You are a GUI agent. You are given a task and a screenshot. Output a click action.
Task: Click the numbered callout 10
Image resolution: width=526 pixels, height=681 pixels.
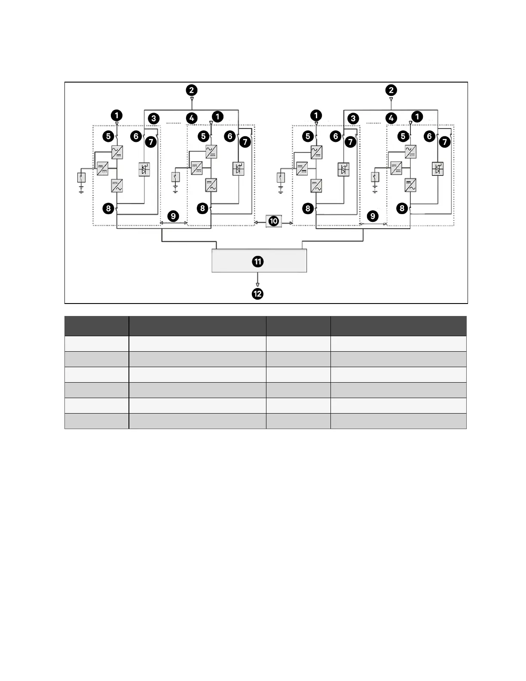tap(274, 221)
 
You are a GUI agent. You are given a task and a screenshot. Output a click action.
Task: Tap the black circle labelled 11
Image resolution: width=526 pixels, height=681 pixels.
tap(258, 261)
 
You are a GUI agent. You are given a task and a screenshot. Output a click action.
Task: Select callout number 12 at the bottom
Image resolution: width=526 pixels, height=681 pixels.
tap(257, 294)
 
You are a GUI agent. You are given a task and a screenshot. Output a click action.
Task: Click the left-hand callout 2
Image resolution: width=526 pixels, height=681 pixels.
tap(192, 90)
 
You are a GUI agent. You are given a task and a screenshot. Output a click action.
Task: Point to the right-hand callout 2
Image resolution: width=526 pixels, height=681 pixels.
tap(391, 90)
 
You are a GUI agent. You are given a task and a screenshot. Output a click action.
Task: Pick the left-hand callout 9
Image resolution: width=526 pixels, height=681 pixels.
tap(173, 216)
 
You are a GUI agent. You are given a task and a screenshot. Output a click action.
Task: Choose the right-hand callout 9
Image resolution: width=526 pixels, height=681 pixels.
tap(373, 216)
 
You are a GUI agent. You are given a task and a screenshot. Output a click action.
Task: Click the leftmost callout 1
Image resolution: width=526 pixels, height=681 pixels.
tap(116, 115)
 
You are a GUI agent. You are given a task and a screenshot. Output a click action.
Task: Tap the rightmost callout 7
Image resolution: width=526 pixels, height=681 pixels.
tap(444, 142)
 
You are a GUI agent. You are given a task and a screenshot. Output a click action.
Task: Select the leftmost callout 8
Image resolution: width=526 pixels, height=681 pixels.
tap(108, 209)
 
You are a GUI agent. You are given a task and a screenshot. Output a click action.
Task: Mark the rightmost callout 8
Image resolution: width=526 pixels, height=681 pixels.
tap(402, 209)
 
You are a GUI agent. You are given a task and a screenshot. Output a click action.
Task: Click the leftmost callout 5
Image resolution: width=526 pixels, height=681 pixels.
tap(108, 136)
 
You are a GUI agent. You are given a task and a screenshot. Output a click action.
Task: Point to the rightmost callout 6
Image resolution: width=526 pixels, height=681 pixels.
tap(429, 136)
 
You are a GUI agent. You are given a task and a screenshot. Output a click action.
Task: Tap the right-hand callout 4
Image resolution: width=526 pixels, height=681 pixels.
tap(391, 118)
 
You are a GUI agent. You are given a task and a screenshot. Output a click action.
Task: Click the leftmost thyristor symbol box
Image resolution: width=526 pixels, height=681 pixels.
tap(144, 169)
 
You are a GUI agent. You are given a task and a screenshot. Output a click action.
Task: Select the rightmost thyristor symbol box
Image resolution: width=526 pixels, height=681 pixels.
tap(437, 169)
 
